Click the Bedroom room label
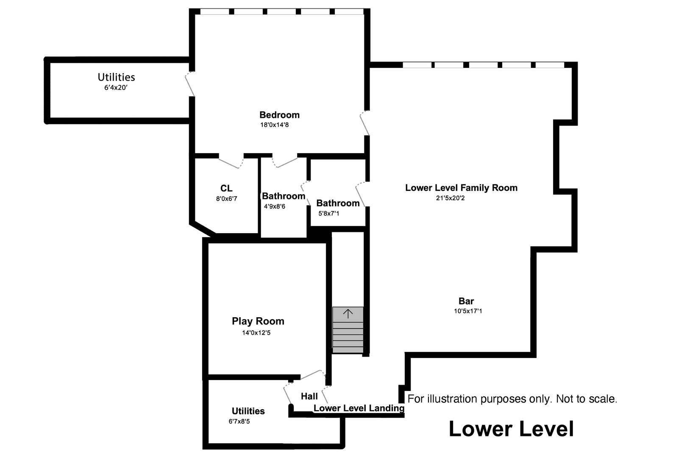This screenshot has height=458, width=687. (x=279, y=115)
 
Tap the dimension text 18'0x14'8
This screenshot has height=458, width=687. (x=274, y=125)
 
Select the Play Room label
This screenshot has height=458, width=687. (x=258, y=321)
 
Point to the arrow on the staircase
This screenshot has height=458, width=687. (x=348, y=314)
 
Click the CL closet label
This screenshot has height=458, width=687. (x=226, y=189)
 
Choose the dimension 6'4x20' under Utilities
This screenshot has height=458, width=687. (x=116, y=88)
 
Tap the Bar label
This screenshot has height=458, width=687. (x=466, y=302)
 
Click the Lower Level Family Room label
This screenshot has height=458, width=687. (x=461, y=188)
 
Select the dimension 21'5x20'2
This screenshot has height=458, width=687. (x=450, y=198)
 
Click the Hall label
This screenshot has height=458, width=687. (x=309, y=397)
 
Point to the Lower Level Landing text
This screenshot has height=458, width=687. (x=359, y=408)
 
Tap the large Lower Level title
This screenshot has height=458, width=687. (x=511, y=429)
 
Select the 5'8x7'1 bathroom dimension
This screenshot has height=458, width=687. (x=328, y=214)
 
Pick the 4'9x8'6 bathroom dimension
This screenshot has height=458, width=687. (x=274, y=207)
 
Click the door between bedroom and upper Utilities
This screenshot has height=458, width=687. (x=190, y=84)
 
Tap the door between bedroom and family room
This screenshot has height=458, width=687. (x=365, y=123)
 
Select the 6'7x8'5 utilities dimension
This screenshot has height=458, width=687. (x=239, y=422)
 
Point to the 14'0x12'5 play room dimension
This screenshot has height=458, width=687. (x=256, y=333)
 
